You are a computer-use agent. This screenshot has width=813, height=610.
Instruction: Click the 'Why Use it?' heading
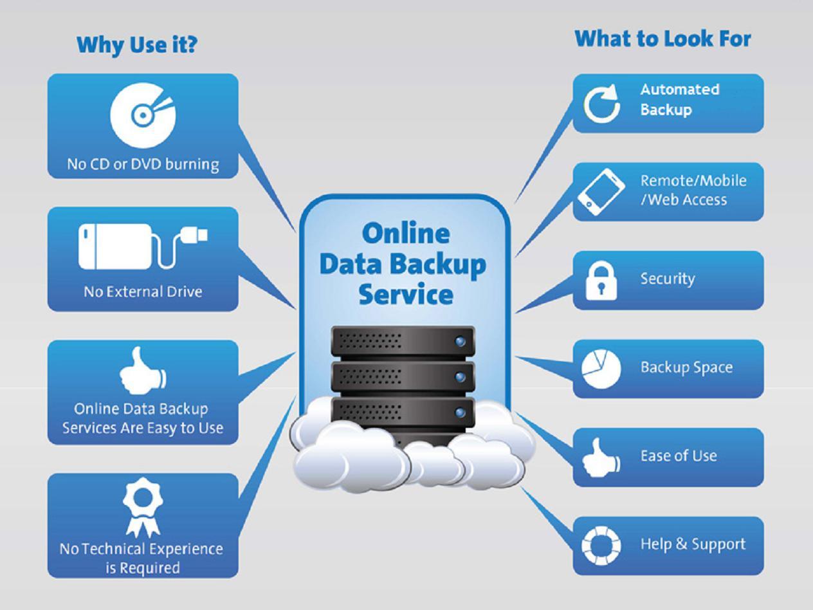pos(136,45)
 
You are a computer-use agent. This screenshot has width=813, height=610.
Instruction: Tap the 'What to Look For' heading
pos(662,39)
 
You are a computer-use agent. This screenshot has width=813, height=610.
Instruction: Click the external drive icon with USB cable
pos(143,246)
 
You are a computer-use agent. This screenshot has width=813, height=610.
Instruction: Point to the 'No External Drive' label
pos(143,291)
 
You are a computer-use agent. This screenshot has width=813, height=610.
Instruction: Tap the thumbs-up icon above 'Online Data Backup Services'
pos(143,371)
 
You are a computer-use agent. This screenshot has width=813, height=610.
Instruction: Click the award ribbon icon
pos(143,509)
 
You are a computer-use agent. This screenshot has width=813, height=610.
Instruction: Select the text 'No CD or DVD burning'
pos(143,164)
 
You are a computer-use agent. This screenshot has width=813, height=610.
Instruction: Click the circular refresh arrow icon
pos(602,103)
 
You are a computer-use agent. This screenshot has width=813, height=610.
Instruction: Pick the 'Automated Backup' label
pos(680,99)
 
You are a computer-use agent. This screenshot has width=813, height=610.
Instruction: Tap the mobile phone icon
pos(601,192)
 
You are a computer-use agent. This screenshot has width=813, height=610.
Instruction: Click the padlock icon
pos(601,281)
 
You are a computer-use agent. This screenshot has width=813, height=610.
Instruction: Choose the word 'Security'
pos(668,279)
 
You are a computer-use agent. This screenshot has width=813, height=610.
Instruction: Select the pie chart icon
pos(601,369)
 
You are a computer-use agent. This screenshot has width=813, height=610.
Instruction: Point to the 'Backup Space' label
pos(686,367)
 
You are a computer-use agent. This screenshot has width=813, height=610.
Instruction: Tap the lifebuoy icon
pos(601,546)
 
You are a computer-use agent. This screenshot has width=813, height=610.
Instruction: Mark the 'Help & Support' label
pos(693,544)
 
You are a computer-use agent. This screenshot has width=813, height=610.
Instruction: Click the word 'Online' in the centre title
pos(405,233)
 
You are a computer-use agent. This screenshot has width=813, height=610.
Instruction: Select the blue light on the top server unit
pos(461,341)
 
